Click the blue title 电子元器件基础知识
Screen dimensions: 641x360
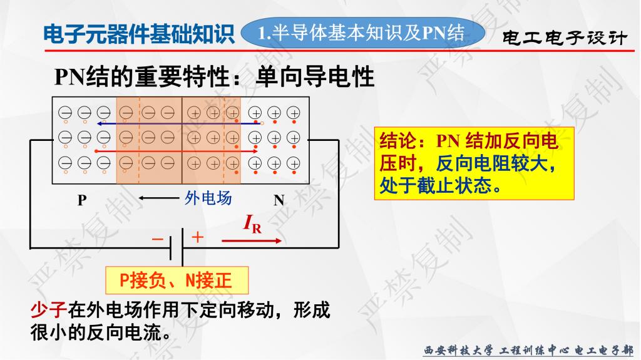[x=138, y=34]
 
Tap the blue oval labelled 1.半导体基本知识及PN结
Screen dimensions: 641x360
[x=362, y=33]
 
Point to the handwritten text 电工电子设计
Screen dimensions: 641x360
[x=565, y=38]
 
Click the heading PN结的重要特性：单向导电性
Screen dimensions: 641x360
[x=214, y=76]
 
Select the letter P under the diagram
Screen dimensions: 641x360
[x=82, y=200]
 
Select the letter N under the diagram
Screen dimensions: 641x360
[x=279, y=200]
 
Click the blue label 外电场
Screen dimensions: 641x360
[x=208, y=198]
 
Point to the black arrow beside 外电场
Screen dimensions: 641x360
[x=158, y=198]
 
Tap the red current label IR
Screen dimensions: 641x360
[x=252, y=224]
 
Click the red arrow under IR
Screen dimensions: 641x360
[x=252, y=240]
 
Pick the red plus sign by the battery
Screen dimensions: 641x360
[x=197, y=237]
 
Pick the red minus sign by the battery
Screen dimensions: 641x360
[x=157, y=239]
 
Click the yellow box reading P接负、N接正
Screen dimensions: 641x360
[x=177, y=280]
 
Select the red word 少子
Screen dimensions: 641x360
[x=49, y=310]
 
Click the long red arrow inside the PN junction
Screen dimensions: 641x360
[x=176, y=151]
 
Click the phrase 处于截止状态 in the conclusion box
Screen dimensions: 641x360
[x=435, y=185]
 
